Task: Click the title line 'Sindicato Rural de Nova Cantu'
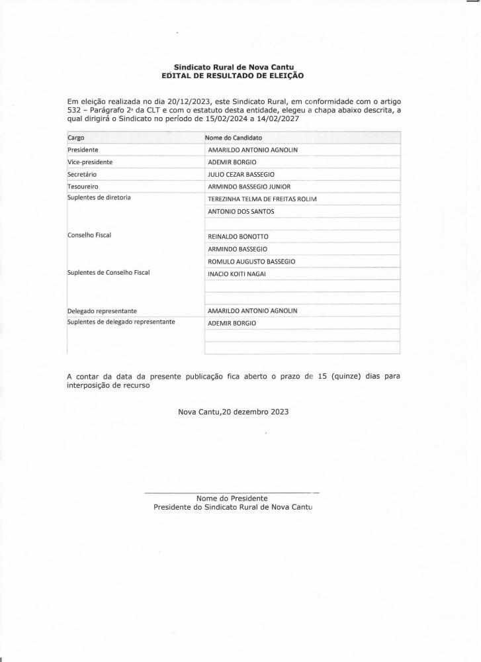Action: (233, 68)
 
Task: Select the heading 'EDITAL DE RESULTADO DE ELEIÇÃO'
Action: (233, 76)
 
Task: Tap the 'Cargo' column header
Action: (76, 138)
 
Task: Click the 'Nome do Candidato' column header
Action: (234, 138)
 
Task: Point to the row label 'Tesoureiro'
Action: (83, 187)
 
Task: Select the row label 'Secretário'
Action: (82, 174)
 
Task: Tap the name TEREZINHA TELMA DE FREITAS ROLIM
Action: (263, 199)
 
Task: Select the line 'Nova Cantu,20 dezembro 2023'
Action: (233, 412)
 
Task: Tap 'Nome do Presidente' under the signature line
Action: (232, 498)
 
